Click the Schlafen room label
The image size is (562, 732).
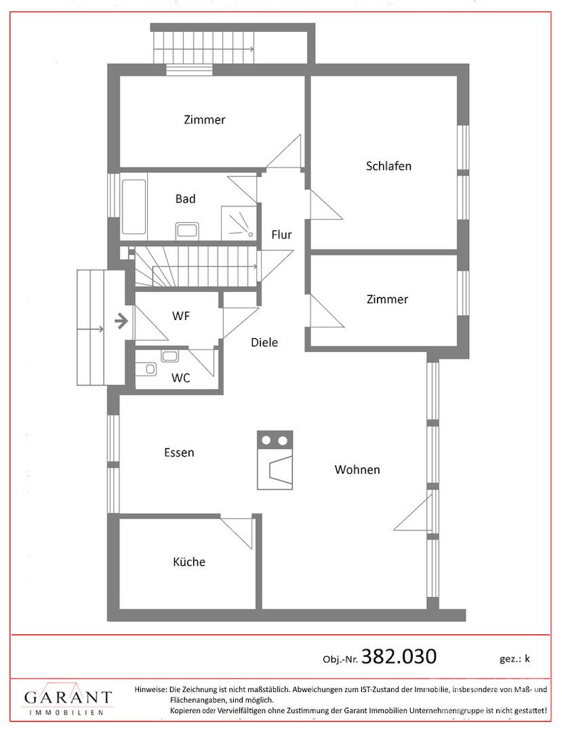click(388, 166)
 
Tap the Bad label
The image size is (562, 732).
click(185, 199)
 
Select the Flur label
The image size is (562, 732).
click(281, 235)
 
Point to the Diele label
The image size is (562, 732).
click(264, 342)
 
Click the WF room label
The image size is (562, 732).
click(180, 316)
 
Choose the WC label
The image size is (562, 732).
click(180, 378)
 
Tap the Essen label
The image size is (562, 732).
click(179, 452)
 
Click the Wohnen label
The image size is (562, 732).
click(357, 469)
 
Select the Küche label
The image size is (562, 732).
click(189, 561)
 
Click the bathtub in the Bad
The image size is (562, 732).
click(134, 207)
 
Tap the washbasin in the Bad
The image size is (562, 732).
click(187, 231)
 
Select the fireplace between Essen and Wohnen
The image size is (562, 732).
click(275, 460)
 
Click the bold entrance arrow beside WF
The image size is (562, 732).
click(121, 321)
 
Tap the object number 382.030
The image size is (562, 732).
click(399, 656)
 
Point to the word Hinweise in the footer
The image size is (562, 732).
click(150, 689)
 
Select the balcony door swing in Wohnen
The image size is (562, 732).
click(412, 514)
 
